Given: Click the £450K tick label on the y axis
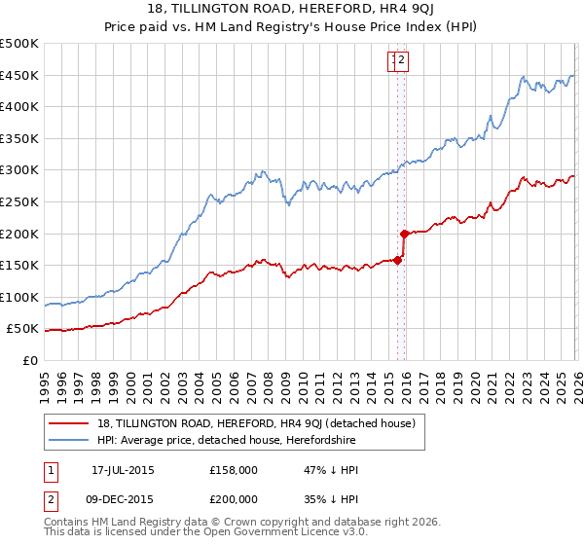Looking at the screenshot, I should click(19, 75).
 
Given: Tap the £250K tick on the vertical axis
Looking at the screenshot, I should click(19, 201).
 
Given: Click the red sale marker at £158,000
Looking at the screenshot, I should click(397, 260).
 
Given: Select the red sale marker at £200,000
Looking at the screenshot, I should click(404, 234).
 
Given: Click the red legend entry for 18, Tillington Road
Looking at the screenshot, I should click(257, 423).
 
